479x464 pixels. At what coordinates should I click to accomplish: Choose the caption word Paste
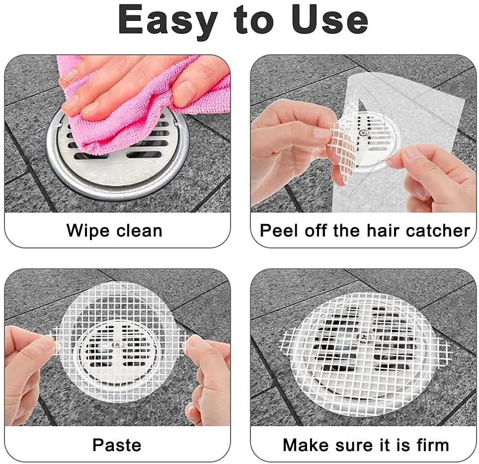[x=117, y=445]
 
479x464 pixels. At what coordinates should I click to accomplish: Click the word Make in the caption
[x=305, y=445]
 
